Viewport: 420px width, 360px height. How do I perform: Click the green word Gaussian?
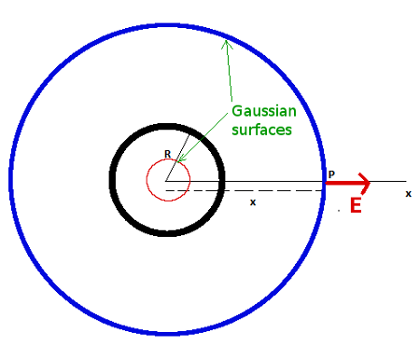coord(262,110)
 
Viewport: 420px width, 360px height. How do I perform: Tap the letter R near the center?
coord(167,154)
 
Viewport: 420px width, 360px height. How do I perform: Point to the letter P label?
coord(331,174)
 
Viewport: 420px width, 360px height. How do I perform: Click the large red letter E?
coord(355,206)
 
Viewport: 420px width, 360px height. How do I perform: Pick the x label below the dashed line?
coord(253,201)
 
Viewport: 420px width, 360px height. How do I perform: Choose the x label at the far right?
coord(408,193)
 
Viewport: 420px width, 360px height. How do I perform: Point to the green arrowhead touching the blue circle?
coord(223,41)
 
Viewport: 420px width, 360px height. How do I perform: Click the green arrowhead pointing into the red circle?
coord(181,159)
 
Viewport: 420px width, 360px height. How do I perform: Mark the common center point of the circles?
coord(167,180)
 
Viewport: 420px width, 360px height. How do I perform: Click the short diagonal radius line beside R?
coord(173,171)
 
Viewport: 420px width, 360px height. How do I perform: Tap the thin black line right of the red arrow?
coord(390,181)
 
